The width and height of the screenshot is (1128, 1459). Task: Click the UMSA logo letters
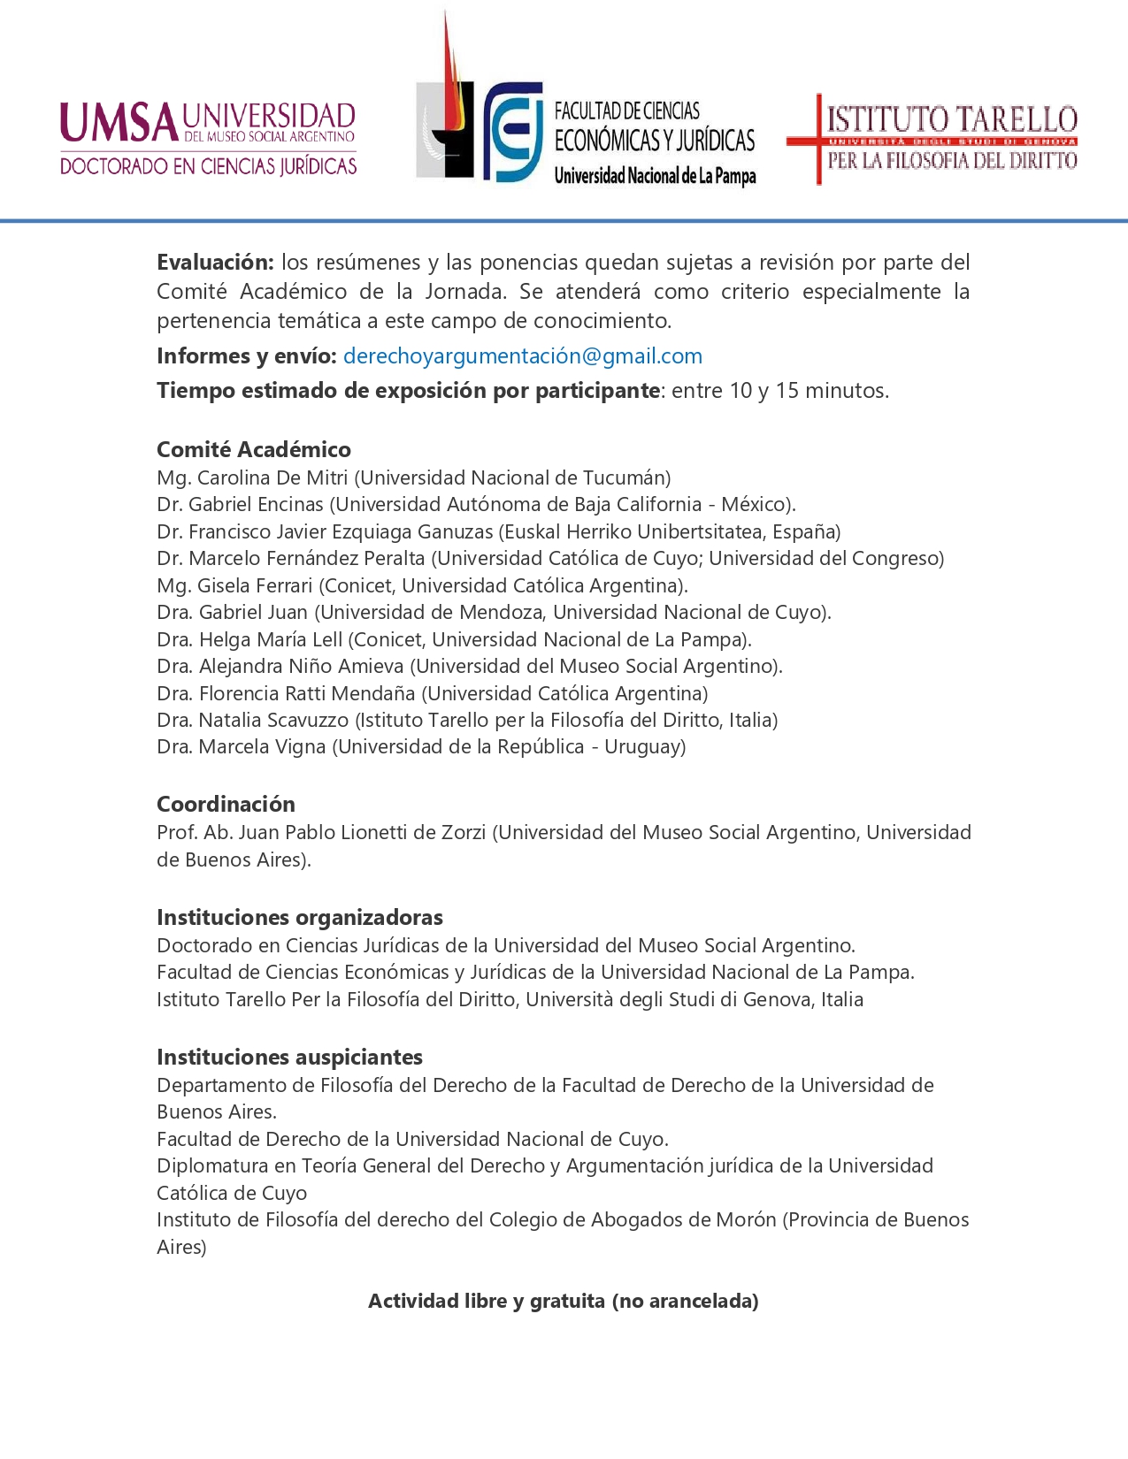(119, 123)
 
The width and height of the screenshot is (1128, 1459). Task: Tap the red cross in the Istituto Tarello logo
(817, 139)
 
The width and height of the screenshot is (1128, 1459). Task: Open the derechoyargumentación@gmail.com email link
(522, 355)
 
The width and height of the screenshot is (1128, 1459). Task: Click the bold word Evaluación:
(215, 262)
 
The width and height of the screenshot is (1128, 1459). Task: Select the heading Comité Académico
(254, 449)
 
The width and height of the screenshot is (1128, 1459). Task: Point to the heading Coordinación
(226, 804)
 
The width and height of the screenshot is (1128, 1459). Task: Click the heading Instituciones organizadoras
(300, 917)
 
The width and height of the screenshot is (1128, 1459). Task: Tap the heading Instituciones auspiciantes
(289, 1057)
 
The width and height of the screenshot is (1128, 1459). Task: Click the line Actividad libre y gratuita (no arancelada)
(564, 1301)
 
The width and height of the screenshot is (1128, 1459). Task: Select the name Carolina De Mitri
(272, 477)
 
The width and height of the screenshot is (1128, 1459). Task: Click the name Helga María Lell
(271, 639)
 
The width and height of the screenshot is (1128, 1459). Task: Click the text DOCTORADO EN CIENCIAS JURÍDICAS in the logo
(209, 166)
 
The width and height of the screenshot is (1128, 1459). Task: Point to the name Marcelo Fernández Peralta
(307, 558)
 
